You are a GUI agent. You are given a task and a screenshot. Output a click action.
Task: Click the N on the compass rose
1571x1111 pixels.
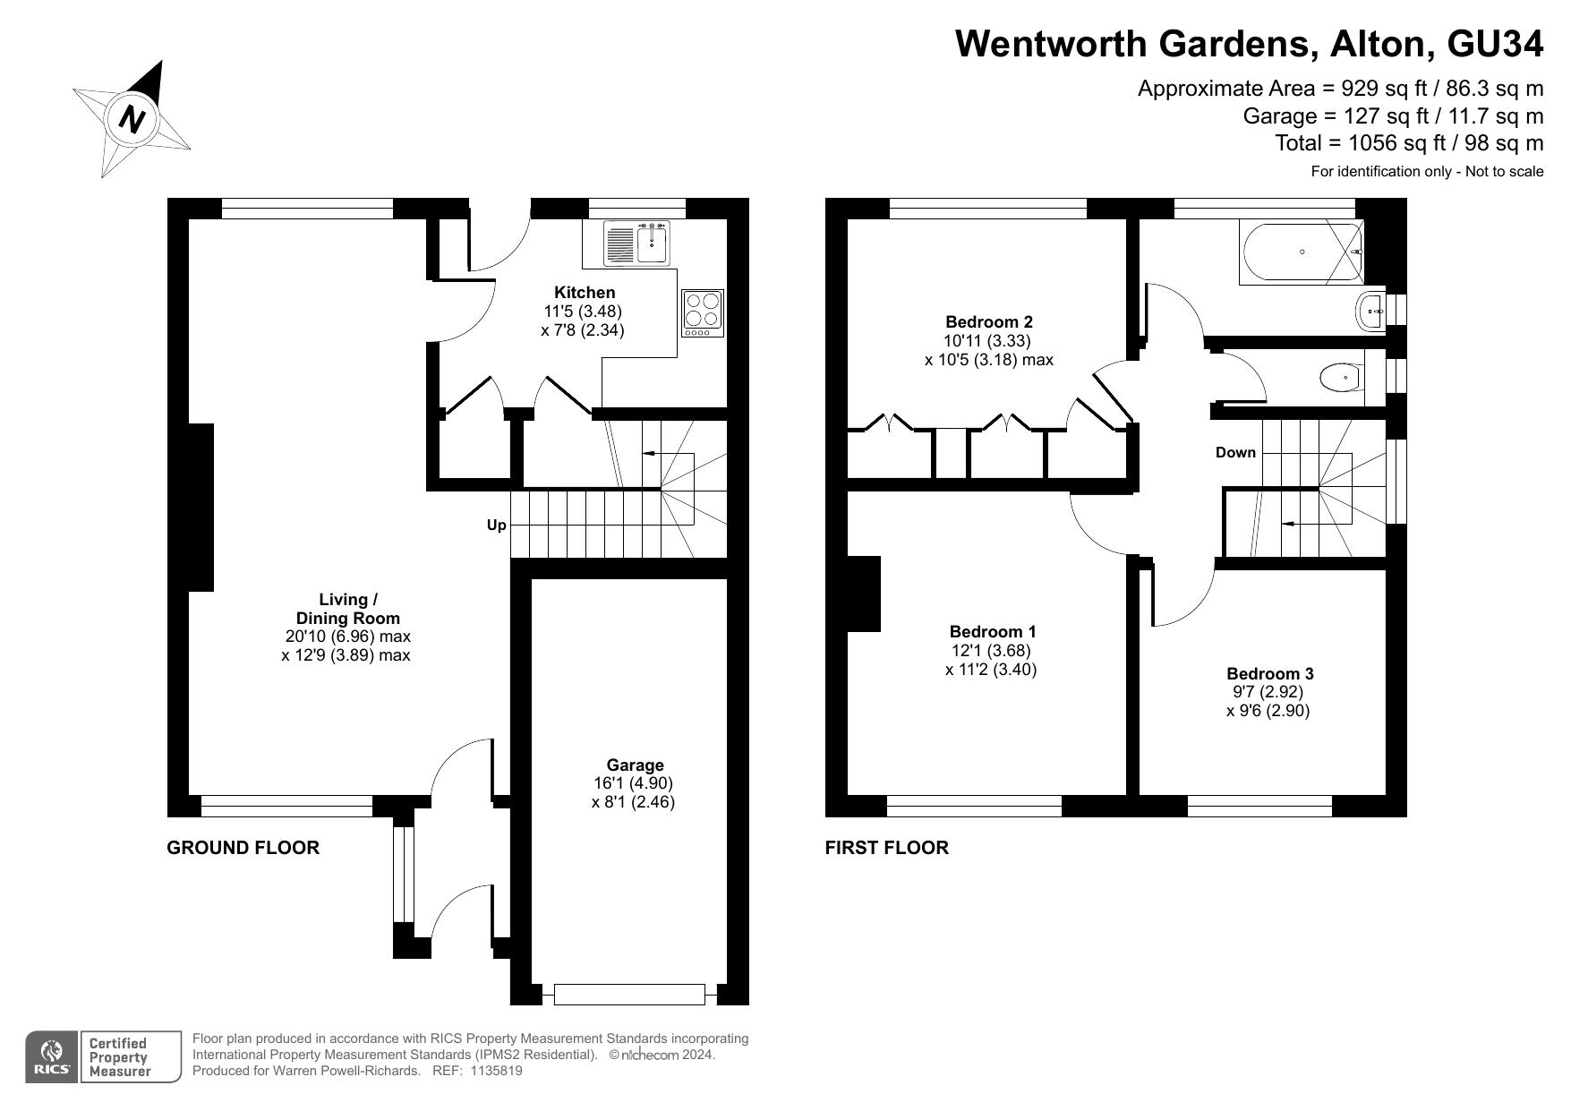pyautogui.click(x=132, y=119)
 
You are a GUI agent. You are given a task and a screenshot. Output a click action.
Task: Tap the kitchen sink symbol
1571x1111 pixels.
pyautogui.click(x=637, y=243)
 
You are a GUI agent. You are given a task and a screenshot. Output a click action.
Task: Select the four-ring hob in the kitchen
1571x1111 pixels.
pyautogui.click(x=703, y=313)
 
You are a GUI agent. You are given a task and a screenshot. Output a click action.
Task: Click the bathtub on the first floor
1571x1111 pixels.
pyautogui.click(x=1302, y=252)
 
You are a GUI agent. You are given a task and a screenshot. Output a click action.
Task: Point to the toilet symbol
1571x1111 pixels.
pyautogui.click(x=1342, y=378)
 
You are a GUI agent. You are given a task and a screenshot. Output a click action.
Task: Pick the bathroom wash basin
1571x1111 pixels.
pyautogui.click(x=1372, y=312)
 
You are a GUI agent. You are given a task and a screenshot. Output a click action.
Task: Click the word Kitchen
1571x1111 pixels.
pyautogui.click(x=585, y=293)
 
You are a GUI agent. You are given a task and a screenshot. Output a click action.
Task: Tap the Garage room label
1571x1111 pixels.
pyautogui.click(x=635, y=765)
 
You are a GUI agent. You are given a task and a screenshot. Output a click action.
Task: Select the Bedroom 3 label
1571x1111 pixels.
pyautogui.click(x=1270, y=673)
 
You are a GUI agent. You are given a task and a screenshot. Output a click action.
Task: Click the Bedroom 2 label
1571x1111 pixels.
pyautogui.click(x=989, y=321)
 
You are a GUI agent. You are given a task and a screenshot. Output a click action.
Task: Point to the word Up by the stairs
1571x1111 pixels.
pyautogui.click(x=496, y=525)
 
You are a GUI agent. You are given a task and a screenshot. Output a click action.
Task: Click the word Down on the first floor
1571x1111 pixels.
pyautogui.click(x=1235, y=452)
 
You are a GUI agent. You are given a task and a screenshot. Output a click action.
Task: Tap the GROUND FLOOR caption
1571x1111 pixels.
pyautogui.click(x=243, y=848)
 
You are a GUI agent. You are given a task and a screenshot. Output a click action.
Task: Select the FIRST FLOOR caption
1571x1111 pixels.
pyautogui.click(x=886, y=848)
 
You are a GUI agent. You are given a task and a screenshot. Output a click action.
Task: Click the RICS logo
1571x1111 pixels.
pyautogui.click(x=52, y=1057)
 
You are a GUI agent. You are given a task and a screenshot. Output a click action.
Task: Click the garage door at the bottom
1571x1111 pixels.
pyautogui.click(x=629, y=994)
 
